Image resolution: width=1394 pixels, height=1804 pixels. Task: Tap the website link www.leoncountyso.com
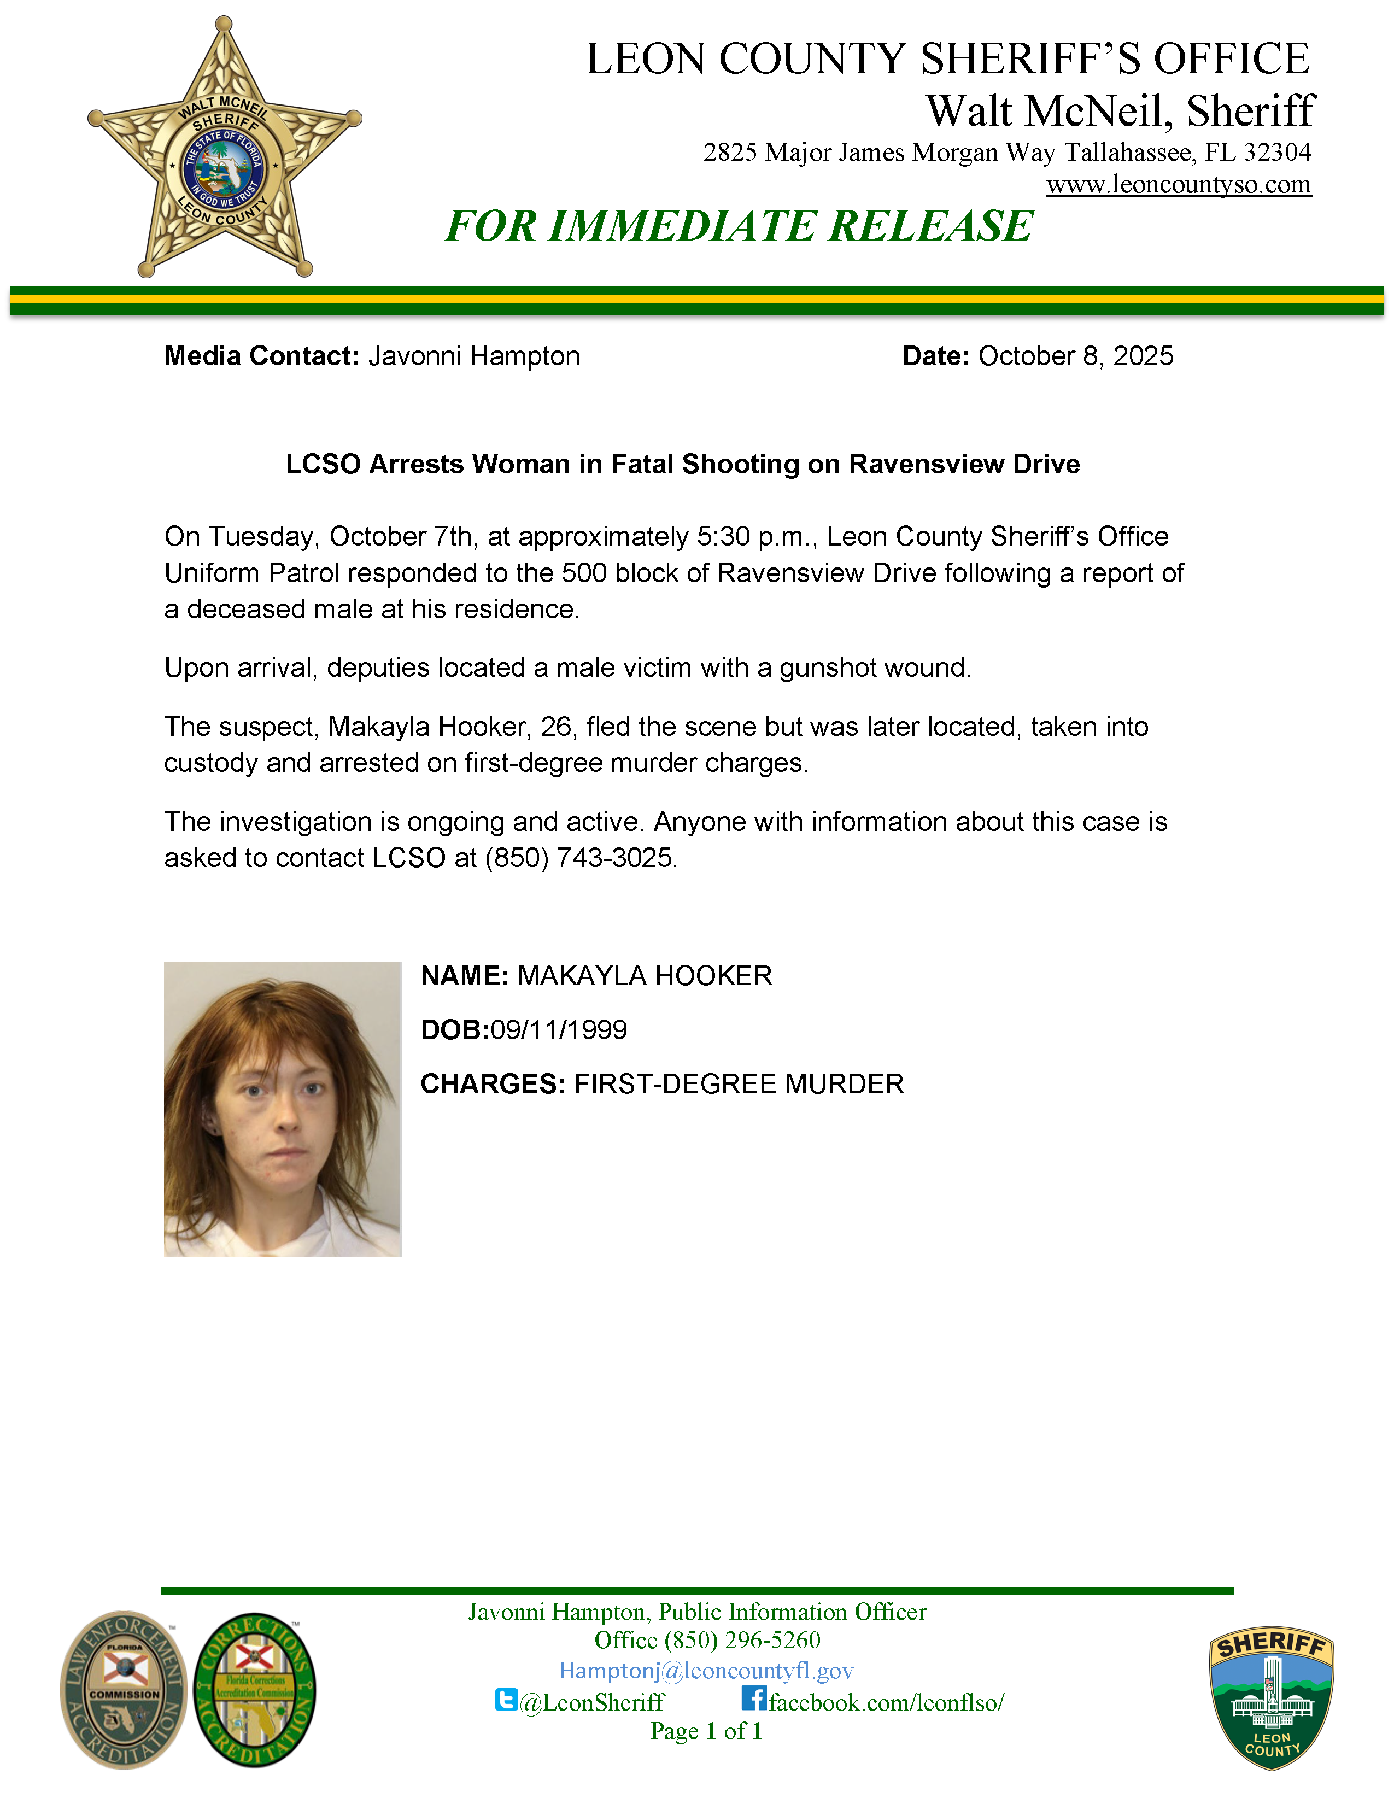coord(1179,184)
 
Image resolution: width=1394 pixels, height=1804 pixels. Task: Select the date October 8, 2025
coord(1075,356)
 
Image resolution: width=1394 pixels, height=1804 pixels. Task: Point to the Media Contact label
coord(261,356)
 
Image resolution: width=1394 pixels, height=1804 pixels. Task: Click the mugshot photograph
coord(283,1109)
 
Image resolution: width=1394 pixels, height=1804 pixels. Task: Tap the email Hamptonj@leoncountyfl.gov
coord(706,1671)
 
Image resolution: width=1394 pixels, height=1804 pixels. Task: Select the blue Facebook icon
coord(753,1698)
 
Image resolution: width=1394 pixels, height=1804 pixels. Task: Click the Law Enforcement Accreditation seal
coord(124,1690)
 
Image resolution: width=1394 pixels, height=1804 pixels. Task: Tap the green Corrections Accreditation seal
coord(254,1690)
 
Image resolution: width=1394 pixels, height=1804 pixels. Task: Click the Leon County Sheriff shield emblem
coord(1271,1698)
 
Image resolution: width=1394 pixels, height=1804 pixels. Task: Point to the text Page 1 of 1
coord(706,1731)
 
